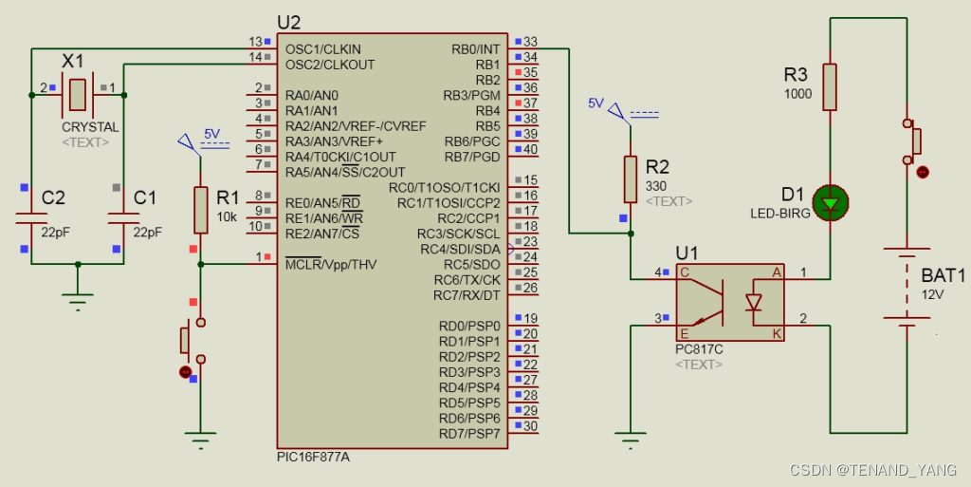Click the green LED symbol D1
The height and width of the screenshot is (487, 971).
tap(831, 201)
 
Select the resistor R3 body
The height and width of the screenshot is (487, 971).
tap(831, 86)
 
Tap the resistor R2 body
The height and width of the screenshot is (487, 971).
tap(631, 178)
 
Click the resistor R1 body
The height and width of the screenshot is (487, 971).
tap(200, 210)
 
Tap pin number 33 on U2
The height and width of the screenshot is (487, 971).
tap(530, 42)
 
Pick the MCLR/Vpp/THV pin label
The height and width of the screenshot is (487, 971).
tap(331, 264)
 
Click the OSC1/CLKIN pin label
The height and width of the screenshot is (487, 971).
tap(322, 49)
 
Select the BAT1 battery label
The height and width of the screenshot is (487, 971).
tap(943, 275)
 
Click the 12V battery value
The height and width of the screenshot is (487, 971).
tap(933, 295)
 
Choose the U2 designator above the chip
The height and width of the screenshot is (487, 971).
tap(288, 22)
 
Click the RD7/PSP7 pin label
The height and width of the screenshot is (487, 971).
tap(470, 434)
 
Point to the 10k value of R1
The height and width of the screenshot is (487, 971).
tap(228, 215)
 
